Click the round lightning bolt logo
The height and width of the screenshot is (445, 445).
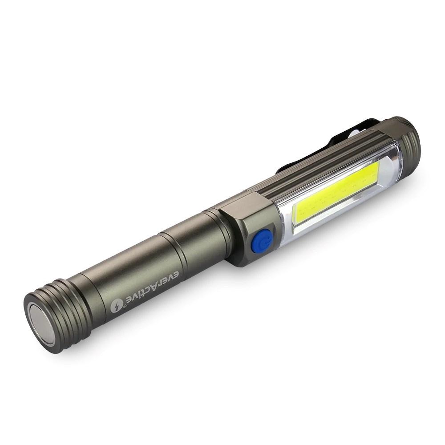click(117, 307)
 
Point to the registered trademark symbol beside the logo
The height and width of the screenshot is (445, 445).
click(125, 306)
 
